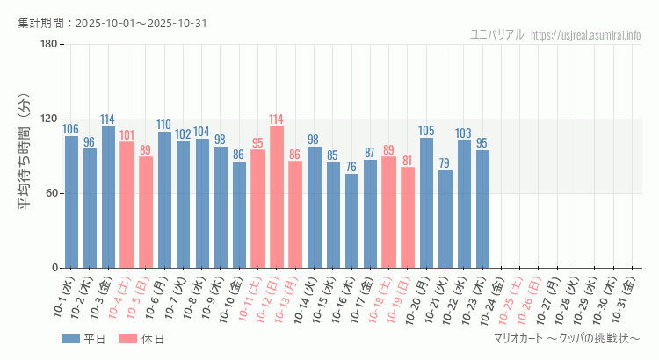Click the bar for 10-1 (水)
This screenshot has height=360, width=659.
tap(71, 202)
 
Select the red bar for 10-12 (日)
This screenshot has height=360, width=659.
tap(277, 197)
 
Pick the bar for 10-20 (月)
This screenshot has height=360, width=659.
tap(426, 203)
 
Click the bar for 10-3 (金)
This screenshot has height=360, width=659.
tap(108, 197)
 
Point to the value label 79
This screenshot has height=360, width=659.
tap(445, 163)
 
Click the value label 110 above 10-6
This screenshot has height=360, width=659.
tap(164, 125)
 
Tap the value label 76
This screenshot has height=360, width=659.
tap(351, 167)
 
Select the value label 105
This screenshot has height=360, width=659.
tap(426, 131)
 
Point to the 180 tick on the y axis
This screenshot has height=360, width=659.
tap(48, 45)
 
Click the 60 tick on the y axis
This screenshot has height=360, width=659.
tap(52, 193)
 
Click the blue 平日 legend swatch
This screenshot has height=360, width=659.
tap(70, 339)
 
